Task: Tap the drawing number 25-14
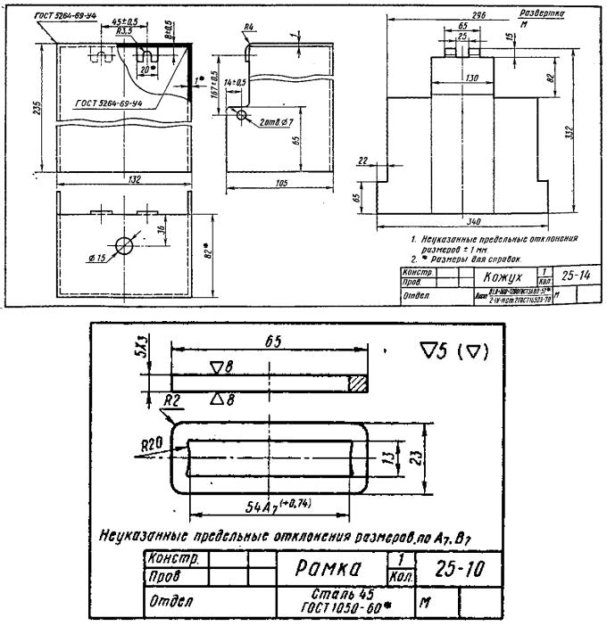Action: click(574, 276)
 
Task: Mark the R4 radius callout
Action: click(249, 28)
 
